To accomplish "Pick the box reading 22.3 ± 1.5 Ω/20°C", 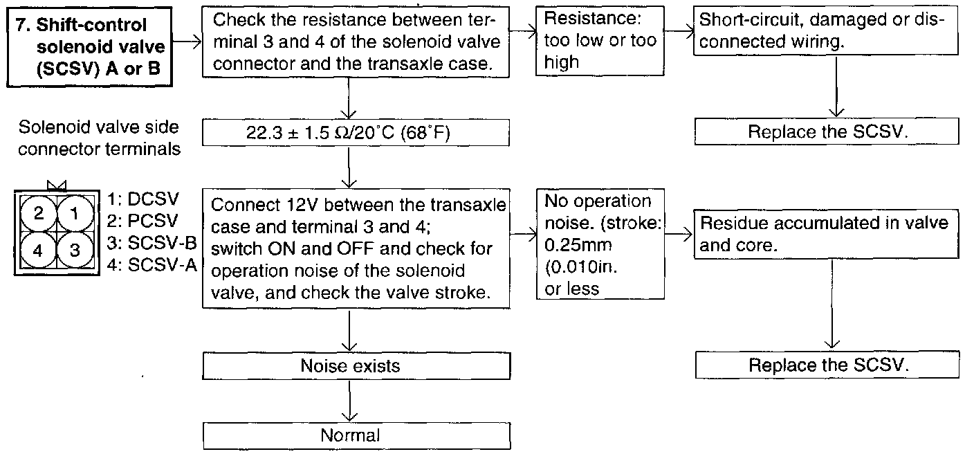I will point(356,133).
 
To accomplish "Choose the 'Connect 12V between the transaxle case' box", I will point(356,248).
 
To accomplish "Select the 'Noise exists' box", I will point(356,365).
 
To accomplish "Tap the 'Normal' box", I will point(356,435).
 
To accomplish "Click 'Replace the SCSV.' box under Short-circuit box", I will point(826,131).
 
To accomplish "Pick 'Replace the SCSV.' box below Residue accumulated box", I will point(826,365).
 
